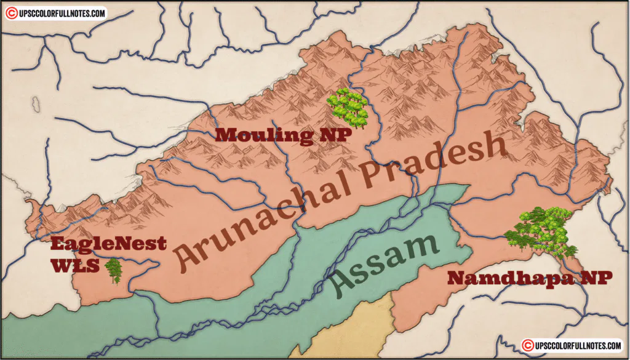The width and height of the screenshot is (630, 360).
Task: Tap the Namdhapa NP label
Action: pyautogui.click(x=530, y=278)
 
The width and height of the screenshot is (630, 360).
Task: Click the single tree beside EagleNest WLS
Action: pyautogui.click(x=113, y=271)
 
